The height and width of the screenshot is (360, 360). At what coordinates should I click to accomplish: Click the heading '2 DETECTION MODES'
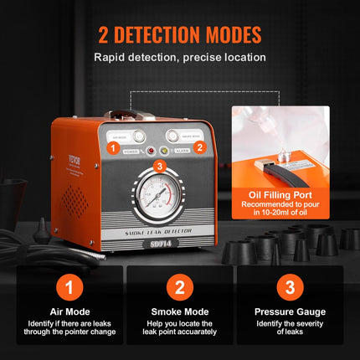[x=179, y=35]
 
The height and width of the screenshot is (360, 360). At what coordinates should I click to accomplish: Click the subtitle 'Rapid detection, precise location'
[x=179, y=59]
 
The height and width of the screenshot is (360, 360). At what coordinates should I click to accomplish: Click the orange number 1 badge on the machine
[x=112, y=147]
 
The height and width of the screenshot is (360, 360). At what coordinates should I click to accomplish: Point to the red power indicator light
[x=151, y=152]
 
